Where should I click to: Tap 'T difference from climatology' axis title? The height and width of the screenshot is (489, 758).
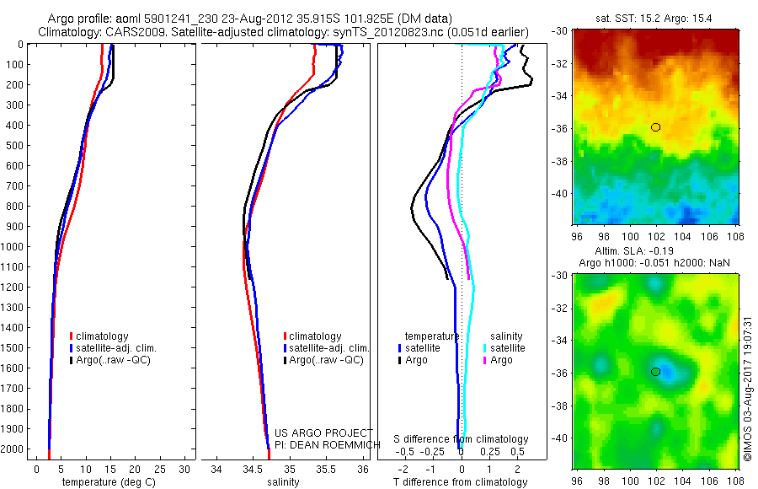(x=460, y=482)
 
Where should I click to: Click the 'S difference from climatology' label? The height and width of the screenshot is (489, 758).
(x=461, y=439)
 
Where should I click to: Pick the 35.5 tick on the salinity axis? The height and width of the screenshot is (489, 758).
(x=326, y=468)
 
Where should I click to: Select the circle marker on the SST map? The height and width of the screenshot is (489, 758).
(x=655, y=127)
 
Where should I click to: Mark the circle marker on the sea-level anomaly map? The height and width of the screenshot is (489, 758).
(x=655, y=372)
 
